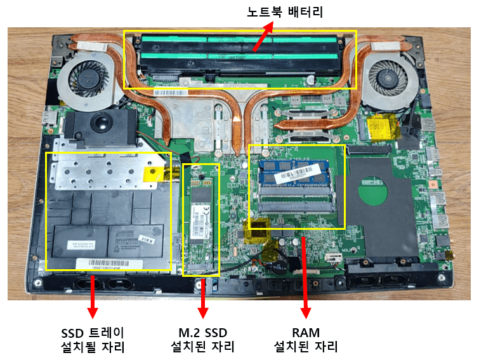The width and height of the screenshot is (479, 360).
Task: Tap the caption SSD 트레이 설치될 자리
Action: (93, 340)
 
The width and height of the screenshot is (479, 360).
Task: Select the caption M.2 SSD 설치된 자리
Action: (203, 340)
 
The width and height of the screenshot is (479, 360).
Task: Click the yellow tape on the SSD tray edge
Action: (155, 173)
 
